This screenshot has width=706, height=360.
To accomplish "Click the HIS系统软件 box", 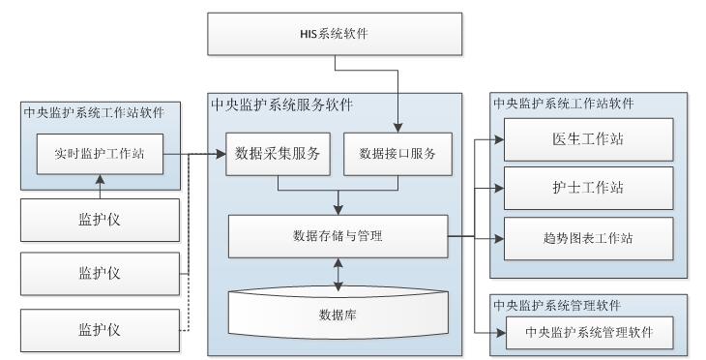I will [x=336, y=35].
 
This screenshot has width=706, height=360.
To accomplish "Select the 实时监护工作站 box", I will [x=99, y=154].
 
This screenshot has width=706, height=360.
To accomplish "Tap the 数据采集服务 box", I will [x=279, y=154].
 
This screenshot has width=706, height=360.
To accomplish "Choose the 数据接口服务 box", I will [x=397, y=154].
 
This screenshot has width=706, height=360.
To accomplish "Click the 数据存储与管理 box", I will [x=337, y=235].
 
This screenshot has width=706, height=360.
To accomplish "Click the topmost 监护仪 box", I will [x=99, y=220].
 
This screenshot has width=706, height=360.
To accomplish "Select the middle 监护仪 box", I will [x=99, y=274].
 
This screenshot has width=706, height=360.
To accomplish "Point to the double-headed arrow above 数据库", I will [x=337, y=272].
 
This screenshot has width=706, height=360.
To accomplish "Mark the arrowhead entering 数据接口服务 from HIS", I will [x=397, y=126].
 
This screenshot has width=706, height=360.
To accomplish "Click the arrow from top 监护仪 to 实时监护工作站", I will [x=99, y=186].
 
